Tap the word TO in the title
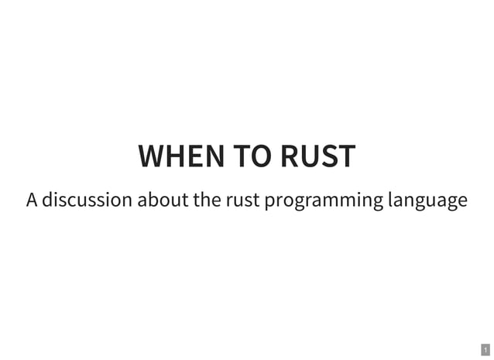(x=252, y=156)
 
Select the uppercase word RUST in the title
(x=317, y=156)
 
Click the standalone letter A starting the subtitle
(x=31, y=201)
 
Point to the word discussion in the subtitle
(x=87, y=201)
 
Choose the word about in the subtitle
(x=163, y=201)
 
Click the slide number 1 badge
(x=485, y=350)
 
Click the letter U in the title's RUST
(x=310, y=156)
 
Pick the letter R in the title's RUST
(x=290, y=156)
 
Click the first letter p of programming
(x=269, y=202)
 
